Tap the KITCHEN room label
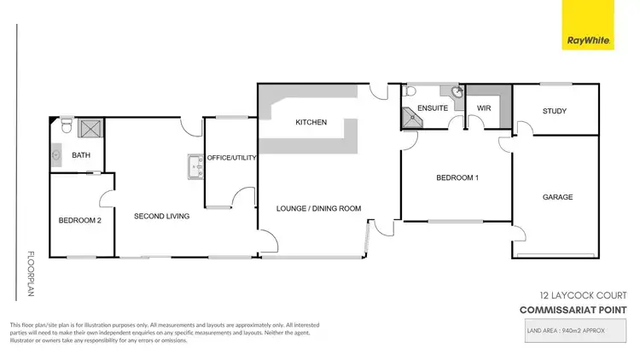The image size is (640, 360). point(311,123)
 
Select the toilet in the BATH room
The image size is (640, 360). point(65,128)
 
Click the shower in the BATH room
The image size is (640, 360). point(90,130)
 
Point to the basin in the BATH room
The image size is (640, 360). point(56,155)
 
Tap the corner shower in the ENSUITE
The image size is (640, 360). point(411,118)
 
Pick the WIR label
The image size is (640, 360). point(483,109)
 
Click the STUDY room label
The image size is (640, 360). point(555,111)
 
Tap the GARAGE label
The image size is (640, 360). point(557,197)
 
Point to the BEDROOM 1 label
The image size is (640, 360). point(457,178)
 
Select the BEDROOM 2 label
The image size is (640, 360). point(80,221)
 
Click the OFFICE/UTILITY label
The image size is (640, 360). point(231,158)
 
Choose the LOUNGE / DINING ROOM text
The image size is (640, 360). point(319,208)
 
